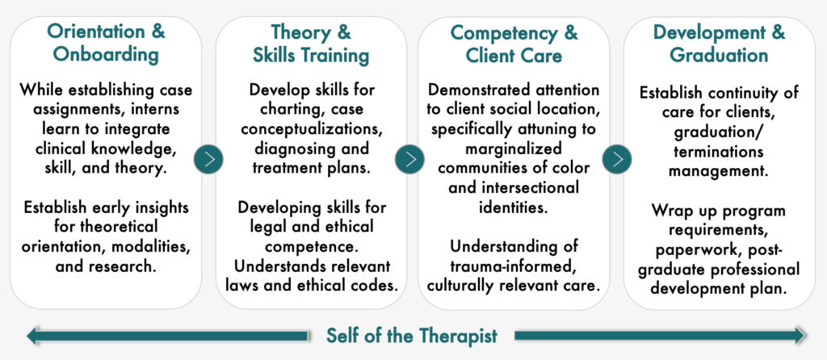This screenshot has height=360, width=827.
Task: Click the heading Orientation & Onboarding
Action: pos(106,43)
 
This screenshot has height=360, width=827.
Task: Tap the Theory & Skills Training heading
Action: pos(311,44)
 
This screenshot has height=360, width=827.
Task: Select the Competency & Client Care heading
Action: pos(514,44)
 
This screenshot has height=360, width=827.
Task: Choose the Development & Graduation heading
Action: pos(719,44)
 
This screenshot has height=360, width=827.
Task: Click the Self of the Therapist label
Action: pos(411,336)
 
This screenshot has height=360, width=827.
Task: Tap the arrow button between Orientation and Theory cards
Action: pos(208,159)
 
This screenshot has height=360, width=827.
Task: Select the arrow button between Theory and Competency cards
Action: pos(409,159)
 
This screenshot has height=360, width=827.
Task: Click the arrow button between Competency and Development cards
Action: pos(617,159)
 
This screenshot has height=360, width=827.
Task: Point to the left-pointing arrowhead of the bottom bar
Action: pos(32,336)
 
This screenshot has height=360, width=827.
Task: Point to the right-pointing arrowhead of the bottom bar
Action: pos(799,336)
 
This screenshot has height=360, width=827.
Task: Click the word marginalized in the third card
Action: pos(513,149)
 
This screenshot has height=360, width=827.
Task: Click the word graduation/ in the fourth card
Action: pos(718,132)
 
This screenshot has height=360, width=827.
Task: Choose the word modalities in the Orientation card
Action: pos(156,246)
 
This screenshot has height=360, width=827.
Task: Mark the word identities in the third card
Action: pos(513,207)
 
